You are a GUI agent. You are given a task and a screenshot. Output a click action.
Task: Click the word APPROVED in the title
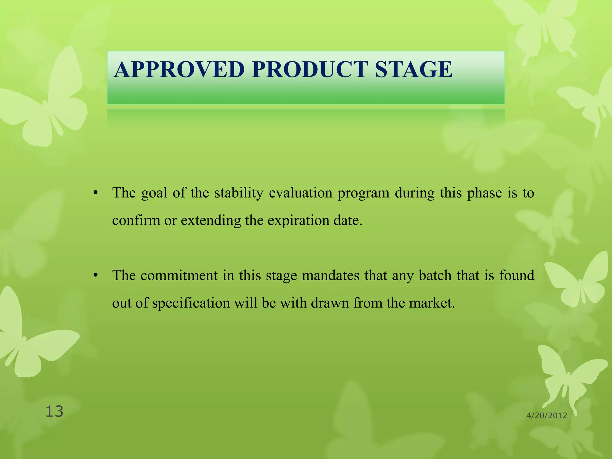[179, 69]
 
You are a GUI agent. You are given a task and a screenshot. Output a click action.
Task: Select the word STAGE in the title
[414, 69]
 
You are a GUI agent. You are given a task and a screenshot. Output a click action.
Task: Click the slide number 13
[54, 411]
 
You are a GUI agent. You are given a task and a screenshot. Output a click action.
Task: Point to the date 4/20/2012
[547, 415]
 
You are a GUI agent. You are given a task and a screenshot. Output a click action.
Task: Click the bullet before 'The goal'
[95, 193]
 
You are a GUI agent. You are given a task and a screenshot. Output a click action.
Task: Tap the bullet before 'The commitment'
[95, 275]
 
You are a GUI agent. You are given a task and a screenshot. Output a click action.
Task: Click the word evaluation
[300, 193]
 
